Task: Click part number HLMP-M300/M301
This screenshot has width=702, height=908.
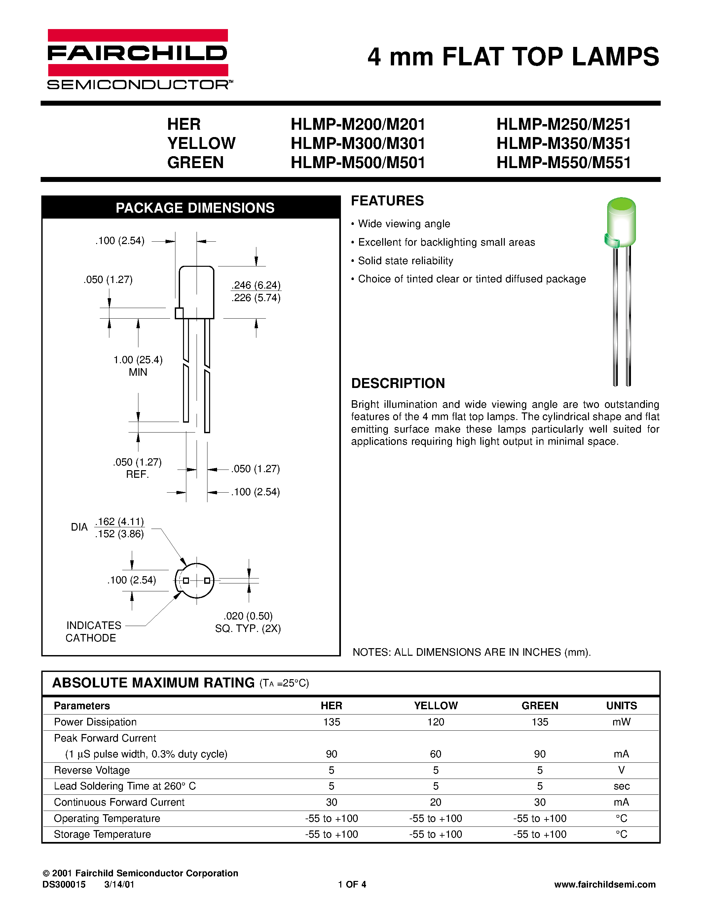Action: pyautogui.click(x=358, y=143)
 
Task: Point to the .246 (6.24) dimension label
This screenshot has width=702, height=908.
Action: pyautogui.click(x=256, y=285)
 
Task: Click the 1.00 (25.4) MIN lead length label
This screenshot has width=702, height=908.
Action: pyautogui.click(x=138, y=366)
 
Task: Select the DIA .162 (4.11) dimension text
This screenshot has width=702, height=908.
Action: pyautogui.click(x=119, y=522)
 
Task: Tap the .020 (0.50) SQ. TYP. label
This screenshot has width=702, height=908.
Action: pyautogui.click(x=248, y=622)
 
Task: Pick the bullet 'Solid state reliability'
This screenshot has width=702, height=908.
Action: pyautogui.click(x=405, y=261)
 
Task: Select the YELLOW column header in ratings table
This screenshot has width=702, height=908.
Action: pyautogui.click(x=435, y=706)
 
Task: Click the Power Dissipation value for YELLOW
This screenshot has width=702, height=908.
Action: pyautogui.click(x=435, y=722)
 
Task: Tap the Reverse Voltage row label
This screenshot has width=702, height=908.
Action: pyautogui.click(x=92, y=770)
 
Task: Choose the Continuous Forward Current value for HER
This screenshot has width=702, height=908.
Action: pyautogui.click(x=331, y=802)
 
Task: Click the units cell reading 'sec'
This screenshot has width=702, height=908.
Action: pyautogui.click(x=621, y=786)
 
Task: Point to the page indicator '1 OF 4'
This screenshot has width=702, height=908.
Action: pyautogui.click(x=352, y=884)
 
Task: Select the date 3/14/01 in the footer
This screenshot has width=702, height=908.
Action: pyautogui.click(x=119, y=884)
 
